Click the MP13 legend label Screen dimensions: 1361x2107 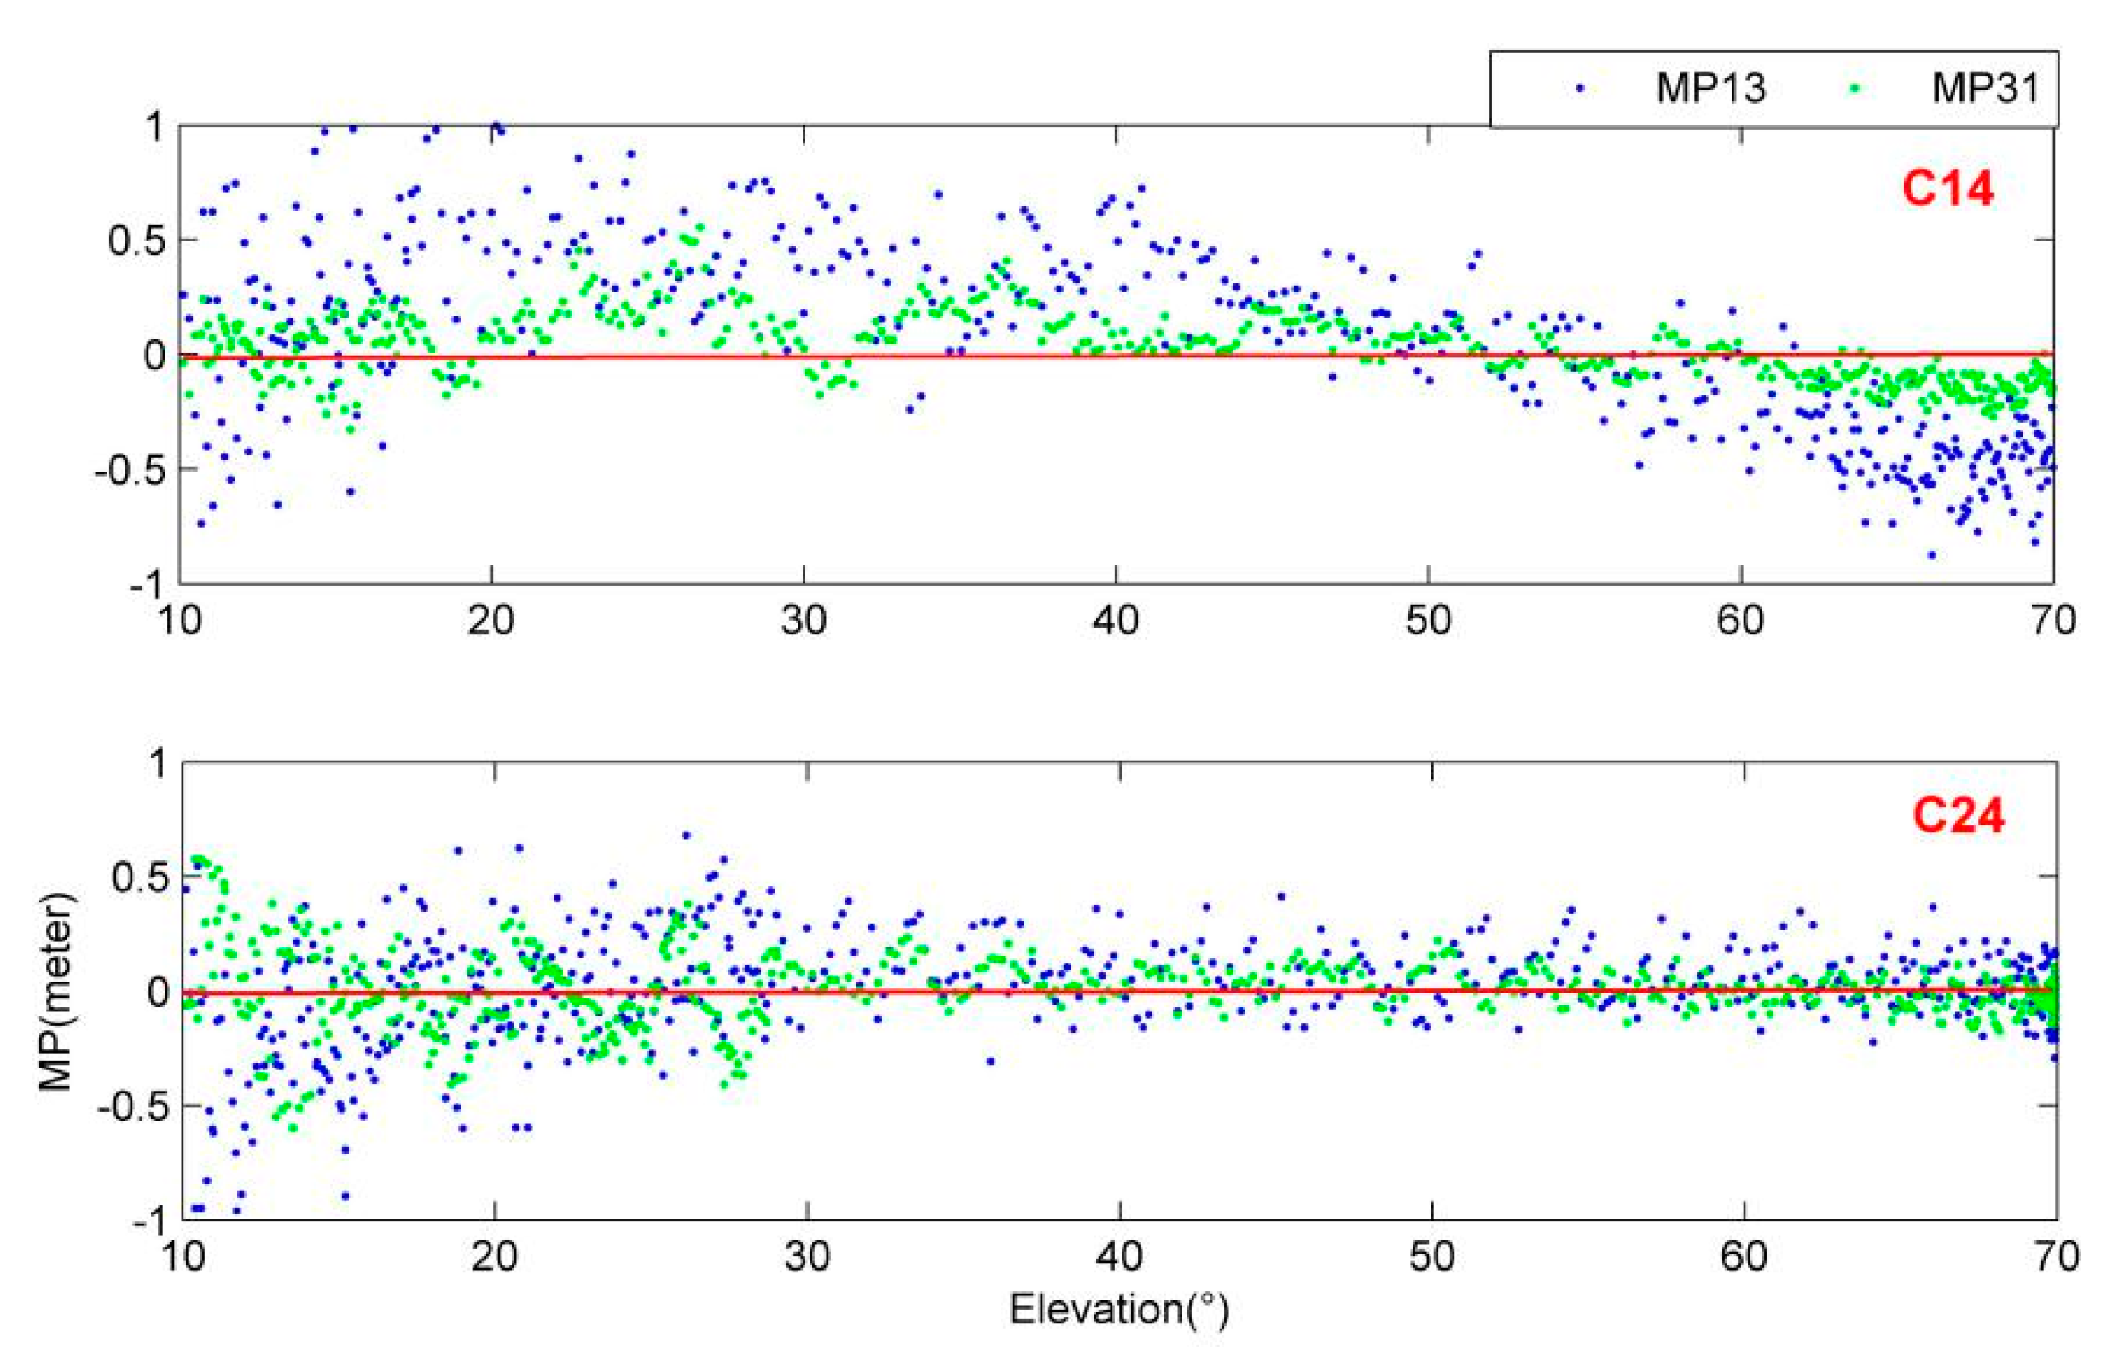1709,89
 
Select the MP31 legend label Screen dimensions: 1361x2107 1985,89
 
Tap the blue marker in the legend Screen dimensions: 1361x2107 1579,89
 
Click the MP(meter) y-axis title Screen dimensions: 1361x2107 58,992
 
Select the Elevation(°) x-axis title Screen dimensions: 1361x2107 1119,1310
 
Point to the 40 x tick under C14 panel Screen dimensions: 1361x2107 1116,622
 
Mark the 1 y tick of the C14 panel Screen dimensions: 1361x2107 155,127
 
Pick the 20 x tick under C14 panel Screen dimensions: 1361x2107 490,622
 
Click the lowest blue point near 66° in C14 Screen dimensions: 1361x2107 1932,555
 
